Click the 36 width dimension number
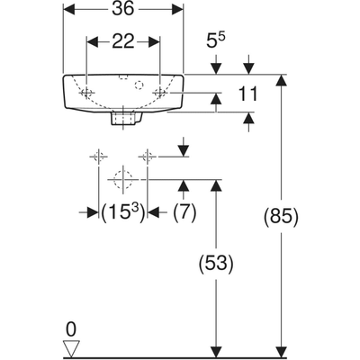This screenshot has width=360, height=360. point(123,9)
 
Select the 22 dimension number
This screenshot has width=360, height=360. point(123,41)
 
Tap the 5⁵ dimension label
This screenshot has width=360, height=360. point(216,40)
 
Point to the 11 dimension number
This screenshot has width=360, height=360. point(247,94)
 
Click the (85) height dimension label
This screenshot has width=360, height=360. point(281,216)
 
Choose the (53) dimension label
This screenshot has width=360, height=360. point(216,264)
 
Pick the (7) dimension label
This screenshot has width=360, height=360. point(184,212)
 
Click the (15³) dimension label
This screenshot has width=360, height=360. point(123,212)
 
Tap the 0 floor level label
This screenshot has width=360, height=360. point(71,329)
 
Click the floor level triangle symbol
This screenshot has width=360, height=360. point(71,348)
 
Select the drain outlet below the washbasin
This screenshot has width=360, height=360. point(123,118)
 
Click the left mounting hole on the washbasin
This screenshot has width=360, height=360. point(86,93)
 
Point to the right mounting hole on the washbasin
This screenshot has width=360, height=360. point(160,93)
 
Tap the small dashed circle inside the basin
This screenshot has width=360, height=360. point(139,85)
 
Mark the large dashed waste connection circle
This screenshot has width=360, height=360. point(123,179)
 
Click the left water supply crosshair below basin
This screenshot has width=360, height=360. point(98,157)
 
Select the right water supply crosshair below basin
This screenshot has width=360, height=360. point(147,157)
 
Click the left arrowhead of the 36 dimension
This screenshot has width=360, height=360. point(68,9)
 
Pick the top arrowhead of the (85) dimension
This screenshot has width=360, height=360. point(281,80)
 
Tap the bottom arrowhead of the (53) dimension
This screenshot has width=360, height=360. point(216,352)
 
